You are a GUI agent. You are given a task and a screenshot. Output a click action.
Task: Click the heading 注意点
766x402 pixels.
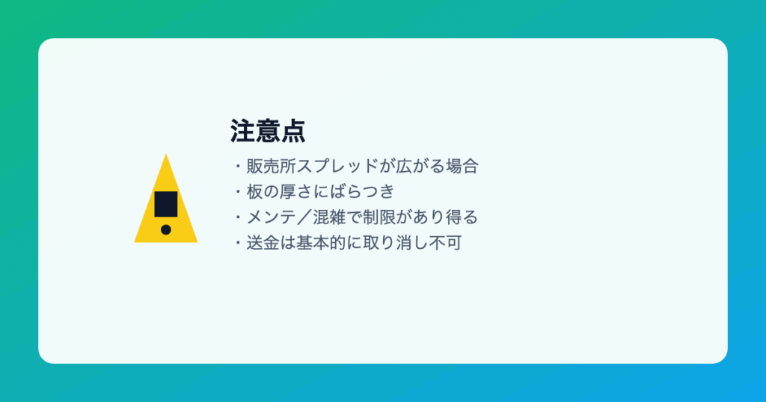tap(268, 132)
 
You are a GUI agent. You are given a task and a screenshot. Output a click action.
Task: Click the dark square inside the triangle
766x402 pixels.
tap(166, 204)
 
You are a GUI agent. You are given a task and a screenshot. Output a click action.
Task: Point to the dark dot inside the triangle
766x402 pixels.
tap(166, 229)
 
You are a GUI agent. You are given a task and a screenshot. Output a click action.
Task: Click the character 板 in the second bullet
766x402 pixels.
tap(255, 192)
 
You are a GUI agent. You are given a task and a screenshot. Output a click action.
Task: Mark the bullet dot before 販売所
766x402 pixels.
tap(239, 167)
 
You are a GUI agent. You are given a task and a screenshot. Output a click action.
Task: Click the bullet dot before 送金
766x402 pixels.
tap(239, 243)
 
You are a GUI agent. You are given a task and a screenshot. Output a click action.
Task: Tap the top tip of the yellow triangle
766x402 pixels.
tap(166, 154)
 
